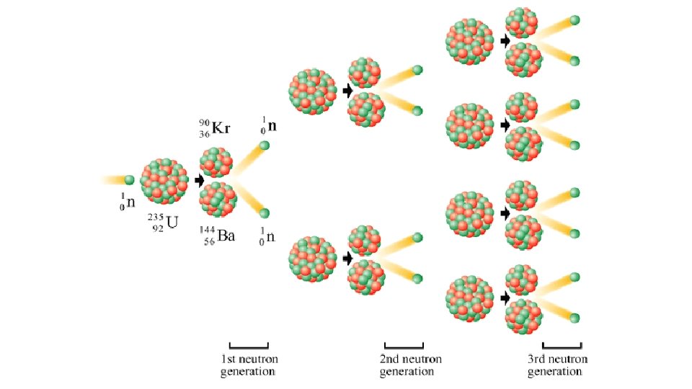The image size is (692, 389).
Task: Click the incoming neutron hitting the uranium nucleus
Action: [x=130, y=179]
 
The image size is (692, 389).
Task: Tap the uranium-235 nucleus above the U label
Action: [x=164, y=182]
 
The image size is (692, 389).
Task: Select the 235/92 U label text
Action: [x=163, y=222]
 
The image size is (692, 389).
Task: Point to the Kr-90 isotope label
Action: [x=214, y=128]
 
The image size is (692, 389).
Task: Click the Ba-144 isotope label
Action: [x=218, y=236]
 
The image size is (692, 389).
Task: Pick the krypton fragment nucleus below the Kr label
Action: [x=216, y=162]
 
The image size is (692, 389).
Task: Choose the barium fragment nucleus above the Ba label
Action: [x=218, y=200]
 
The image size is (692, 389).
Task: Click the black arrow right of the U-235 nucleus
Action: [x=200, y=181]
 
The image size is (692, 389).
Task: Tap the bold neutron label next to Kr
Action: [x=269, y=126]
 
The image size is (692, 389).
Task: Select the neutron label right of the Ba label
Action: [x=268, y=236]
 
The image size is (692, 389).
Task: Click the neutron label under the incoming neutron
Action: [x=128, y=202]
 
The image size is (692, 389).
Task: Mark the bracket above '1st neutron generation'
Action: [x=249, y=345]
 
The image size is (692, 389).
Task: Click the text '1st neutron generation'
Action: [x=249, y=365]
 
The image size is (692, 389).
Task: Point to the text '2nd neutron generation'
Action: [x=410, y=365]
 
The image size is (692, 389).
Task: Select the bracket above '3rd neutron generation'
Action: [x=562, y=345]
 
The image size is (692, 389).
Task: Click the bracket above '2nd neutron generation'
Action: [x=404, y=345]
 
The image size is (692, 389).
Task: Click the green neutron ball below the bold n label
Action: [x=264, y=146]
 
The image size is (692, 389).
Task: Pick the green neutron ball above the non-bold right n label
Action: [x=265, y=213]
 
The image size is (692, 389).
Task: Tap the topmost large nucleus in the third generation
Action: [x=470, y=41]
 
